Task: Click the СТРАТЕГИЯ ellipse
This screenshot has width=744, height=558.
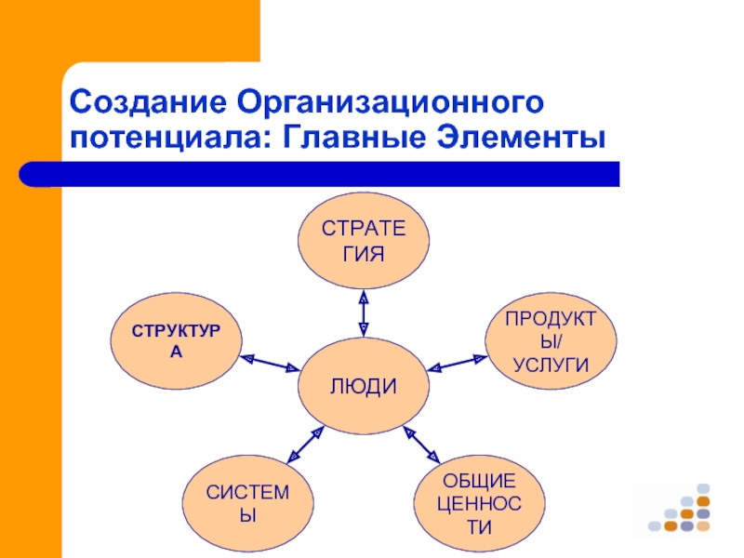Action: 364,240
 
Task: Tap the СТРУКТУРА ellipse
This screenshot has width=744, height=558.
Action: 176,340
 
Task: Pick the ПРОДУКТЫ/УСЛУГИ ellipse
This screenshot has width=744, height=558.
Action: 551,340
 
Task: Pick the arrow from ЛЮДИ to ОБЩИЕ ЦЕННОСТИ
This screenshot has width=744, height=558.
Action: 422,445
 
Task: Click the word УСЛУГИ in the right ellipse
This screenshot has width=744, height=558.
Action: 551,364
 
